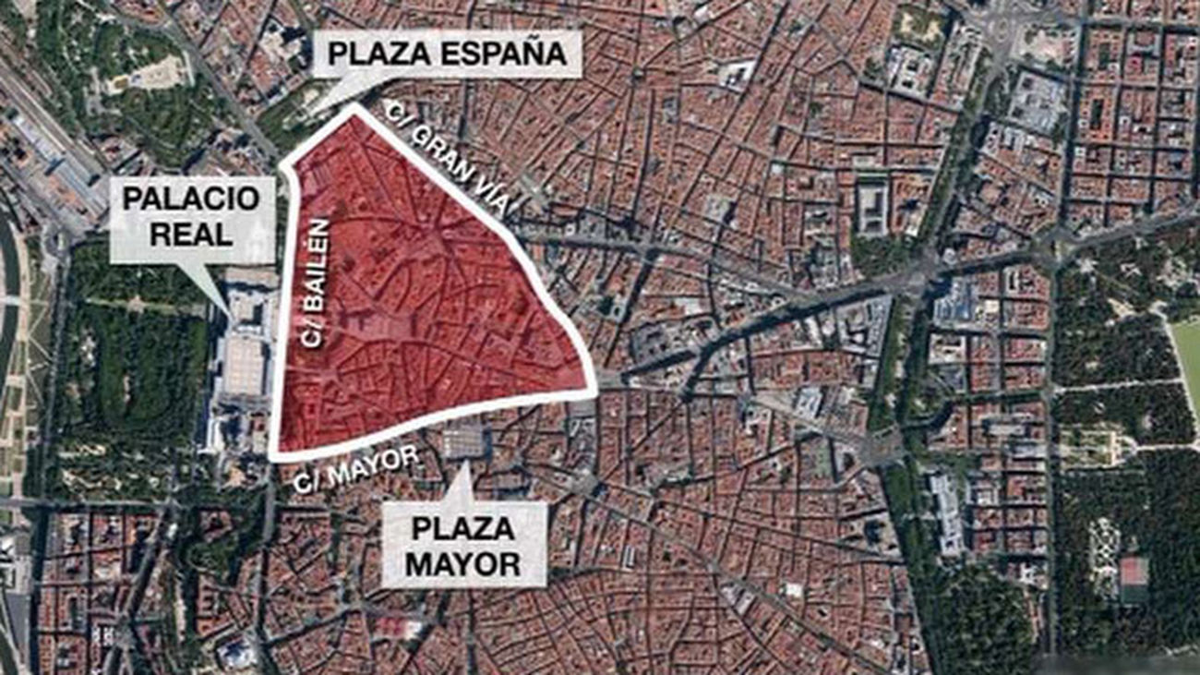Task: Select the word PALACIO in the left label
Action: tap(192, 199)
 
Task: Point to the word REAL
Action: tap(192, 234)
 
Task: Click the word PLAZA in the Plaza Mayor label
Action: tap(463, 529)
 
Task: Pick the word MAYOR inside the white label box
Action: tap(463, 563)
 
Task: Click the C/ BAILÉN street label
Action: tap(315, 283)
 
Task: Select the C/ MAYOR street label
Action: tap(355, 469)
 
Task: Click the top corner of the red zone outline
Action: tap(353, 108)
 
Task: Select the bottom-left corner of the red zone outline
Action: tap(273, 456)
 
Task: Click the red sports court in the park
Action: tap(1133, 571)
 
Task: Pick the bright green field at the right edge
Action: tap(1187, 360)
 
